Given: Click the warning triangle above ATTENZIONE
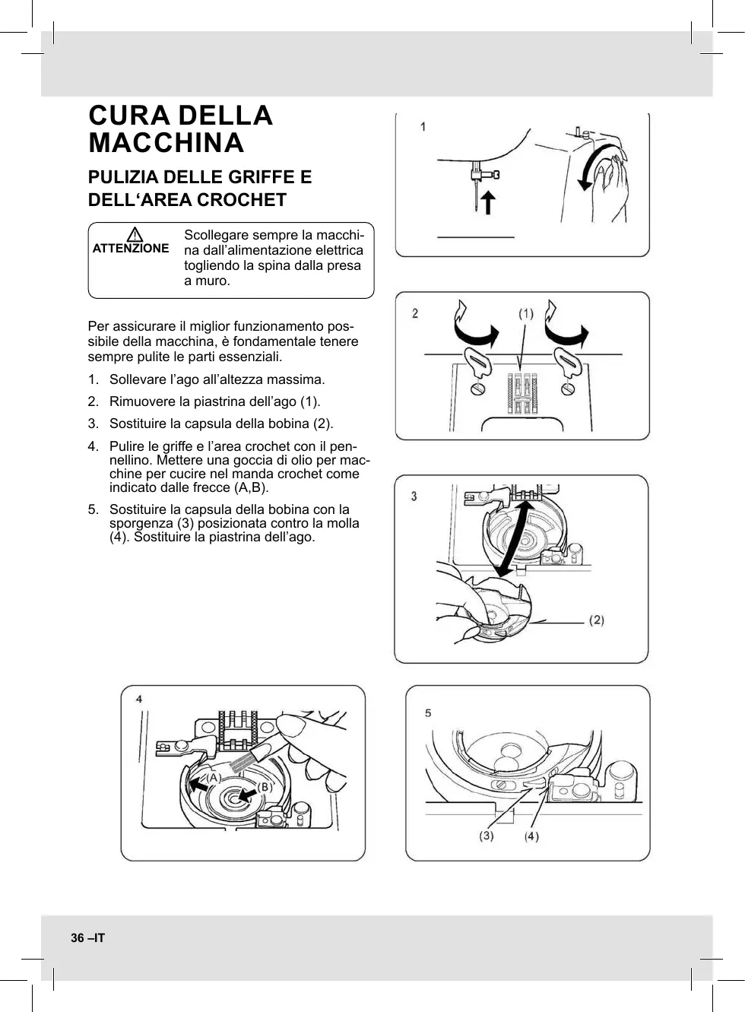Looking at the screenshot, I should tap(131, 234).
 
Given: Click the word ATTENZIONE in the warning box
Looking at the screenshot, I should tap(131, 249).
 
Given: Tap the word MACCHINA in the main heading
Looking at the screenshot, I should tap(166, 143).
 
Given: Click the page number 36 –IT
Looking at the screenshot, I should tap(88, 938).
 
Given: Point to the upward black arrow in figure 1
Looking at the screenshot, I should tap(487, 202).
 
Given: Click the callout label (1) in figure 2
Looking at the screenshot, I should tap(526, 313).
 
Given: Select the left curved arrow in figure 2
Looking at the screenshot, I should tap(474, 325).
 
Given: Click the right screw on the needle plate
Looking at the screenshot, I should tap(566, 389).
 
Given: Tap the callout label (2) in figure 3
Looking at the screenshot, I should tap(597, 620).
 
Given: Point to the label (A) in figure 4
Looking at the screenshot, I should tap(214, 778).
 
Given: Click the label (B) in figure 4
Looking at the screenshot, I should tap(264, 787).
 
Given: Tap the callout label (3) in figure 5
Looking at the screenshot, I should tap(486, 836).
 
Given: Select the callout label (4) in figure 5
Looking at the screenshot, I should tap(531, 836).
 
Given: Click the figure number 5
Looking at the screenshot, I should tap(428, 712).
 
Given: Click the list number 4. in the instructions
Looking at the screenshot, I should tap(93, 446).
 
